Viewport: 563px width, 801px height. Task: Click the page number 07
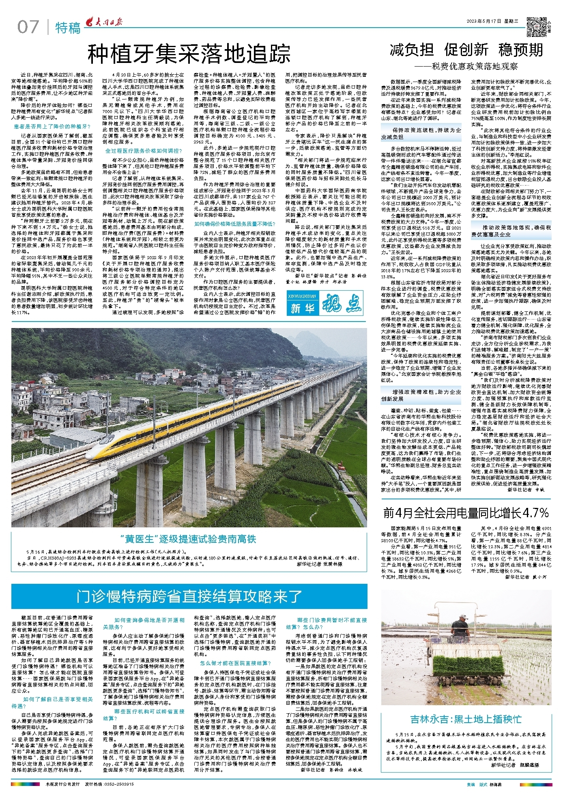coord(28,27)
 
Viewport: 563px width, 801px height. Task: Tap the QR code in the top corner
coord(535,26)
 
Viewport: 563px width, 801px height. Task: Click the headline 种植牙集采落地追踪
coord(189,53)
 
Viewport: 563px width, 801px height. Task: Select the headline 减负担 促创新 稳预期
coord(466,50)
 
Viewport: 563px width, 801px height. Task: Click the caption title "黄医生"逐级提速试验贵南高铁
coord(189,539)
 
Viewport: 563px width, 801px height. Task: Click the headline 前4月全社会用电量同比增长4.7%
coord(466,513)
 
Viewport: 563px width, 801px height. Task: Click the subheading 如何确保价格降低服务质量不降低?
coord(235,224)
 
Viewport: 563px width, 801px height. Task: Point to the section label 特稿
coord(68,28)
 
